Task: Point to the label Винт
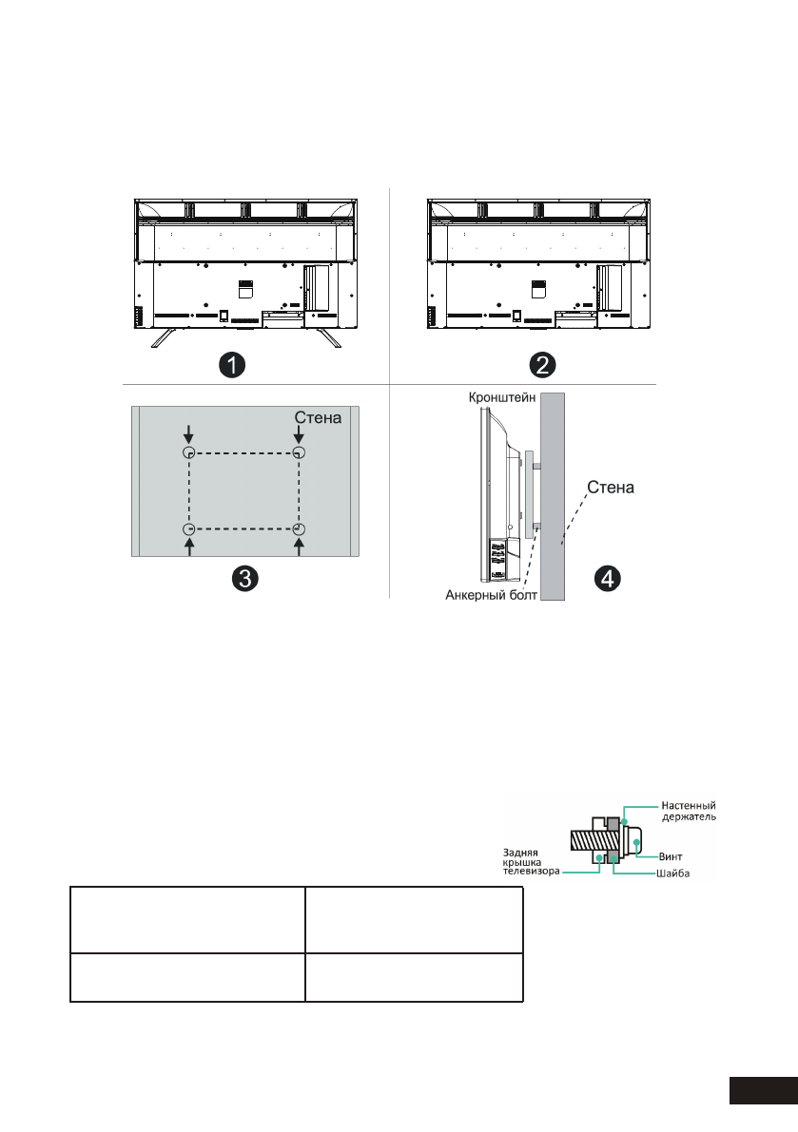671,855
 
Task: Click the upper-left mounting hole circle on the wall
188,452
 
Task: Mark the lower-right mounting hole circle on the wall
299,529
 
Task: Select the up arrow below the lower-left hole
188,548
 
